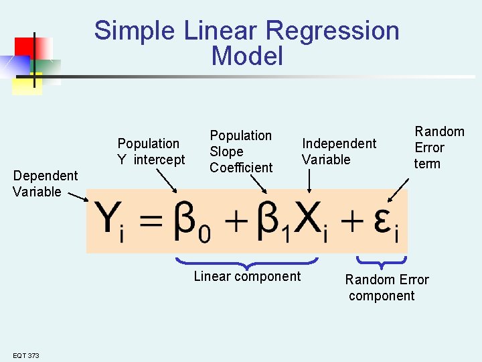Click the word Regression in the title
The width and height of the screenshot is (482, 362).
pos(333,31)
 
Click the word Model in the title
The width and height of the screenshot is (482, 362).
pos(247,56)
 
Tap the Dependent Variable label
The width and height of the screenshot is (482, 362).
pos(46,184)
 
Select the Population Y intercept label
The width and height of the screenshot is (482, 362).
pos(151,152)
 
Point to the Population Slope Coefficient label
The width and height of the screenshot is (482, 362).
pos(241,152)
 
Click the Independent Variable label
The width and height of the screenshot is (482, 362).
pos(339,152)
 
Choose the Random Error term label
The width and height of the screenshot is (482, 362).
pos(439,147)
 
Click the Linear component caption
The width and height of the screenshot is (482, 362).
pos(247,276)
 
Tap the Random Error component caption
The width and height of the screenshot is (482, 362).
pos(387,288)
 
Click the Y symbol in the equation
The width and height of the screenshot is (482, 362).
pos(107,220)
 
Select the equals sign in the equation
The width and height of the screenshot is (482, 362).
pos(154,222)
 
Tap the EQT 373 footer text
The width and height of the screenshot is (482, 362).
pos(25,355)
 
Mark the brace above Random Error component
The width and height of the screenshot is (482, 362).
pos(382,260)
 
